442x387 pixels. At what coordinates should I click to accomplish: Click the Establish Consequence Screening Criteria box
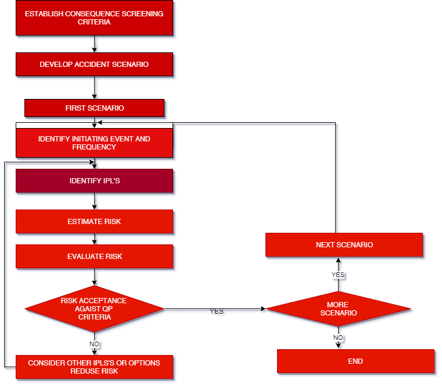coord(94,17)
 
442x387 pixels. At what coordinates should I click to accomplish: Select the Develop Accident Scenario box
coord(94,64)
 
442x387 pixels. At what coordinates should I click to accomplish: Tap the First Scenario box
coord(94,108)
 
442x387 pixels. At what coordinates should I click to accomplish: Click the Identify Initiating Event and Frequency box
coord(94,143)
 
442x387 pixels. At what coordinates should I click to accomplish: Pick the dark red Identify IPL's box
coord(94,181)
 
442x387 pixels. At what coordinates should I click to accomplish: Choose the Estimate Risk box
coord(94,222)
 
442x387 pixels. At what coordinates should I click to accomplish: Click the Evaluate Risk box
coord(94,256)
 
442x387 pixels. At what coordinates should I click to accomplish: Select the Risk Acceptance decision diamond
coord(94,308)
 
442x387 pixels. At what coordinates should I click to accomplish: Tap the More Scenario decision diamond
coord(338,309)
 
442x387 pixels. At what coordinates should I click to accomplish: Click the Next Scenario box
coord(344,245)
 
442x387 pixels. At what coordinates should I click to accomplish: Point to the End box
coord(355,361)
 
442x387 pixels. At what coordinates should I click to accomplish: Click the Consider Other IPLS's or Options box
coord(94,367)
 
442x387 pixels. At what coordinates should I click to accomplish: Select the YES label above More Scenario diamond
coord(337,274)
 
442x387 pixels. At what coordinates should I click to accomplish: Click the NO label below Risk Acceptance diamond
coord(95,344)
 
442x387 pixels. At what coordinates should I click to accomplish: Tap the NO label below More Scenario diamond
coord(338,338)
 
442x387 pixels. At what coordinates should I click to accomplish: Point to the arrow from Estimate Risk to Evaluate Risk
coord(95,239)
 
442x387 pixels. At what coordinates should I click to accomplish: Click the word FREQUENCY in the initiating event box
coord(94,147)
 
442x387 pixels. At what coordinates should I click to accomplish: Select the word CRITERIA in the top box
coord(94,22)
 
